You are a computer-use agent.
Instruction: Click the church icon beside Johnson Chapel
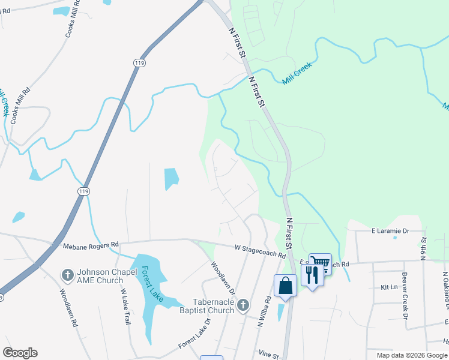coord(67,275)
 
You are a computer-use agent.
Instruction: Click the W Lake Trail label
coord(125,307)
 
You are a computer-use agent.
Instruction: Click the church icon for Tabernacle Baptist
coord(243,305)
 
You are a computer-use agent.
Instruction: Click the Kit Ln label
coord(389,287)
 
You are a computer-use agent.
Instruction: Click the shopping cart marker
coord(321,263)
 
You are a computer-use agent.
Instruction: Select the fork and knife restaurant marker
coord(312,275)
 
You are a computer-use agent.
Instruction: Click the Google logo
coord(20,353)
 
